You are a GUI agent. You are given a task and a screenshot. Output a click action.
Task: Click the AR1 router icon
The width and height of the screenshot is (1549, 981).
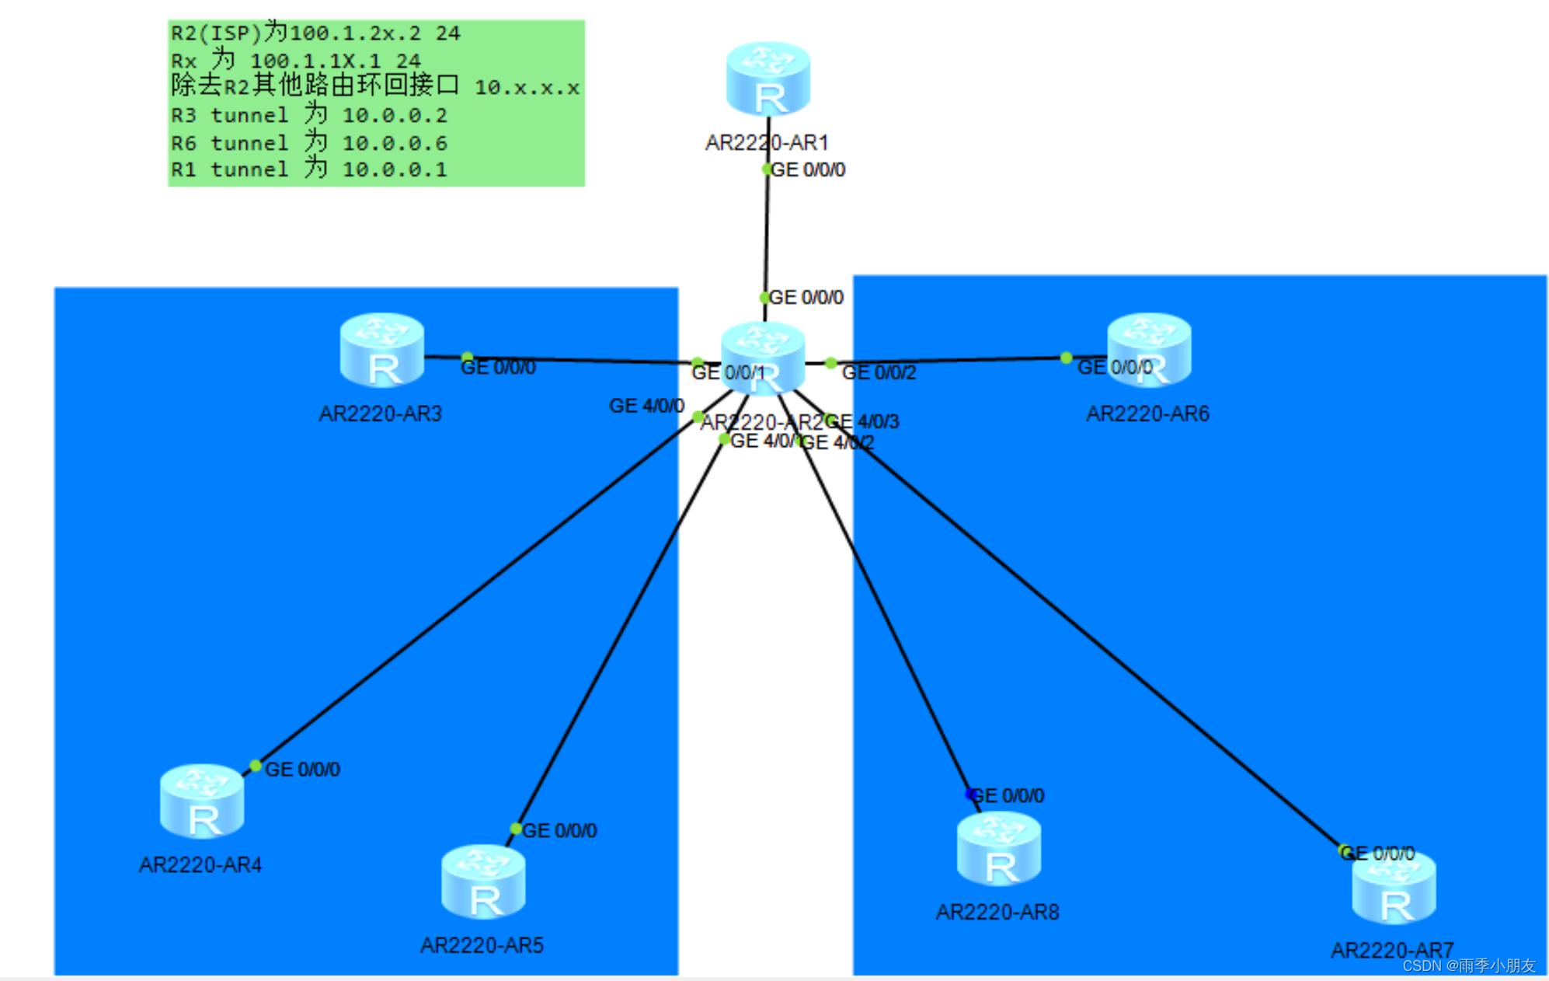tap(768, 79)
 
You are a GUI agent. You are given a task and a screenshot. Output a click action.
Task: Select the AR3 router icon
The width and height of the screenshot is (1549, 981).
tap(381, 351)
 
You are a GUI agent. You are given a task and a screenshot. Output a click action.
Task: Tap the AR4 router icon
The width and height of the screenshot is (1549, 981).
tap(201, 801)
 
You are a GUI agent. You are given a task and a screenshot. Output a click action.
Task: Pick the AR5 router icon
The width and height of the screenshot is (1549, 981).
tap(483, 882)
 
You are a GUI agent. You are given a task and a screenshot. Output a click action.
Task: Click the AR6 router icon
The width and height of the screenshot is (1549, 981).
tap(1150, 351)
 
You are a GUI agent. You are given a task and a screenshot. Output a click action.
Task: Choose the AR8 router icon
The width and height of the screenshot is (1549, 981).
tap(998, 849)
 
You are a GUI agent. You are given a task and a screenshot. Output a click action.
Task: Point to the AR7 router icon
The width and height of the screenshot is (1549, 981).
tap(1394, 888)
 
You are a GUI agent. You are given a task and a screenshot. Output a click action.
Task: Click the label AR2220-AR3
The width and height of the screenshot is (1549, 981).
tap(380, 414)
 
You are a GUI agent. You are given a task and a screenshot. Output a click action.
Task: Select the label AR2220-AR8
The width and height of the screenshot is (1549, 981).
tap(997, 912)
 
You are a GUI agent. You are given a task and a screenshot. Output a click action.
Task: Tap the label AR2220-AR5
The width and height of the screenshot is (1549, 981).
tap(482, 945)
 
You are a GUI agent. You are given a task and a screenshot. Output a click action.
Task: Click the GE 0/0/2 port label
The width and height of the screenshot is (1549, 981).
tap(879, 373)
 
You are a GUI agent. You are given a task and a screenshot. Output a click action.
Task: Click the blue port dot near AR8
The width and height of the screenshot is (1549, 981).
tap(970, 794)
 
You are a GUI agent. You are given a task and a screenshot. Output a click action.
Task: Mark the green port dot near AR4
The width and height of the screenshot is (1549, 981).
tap(255, 766)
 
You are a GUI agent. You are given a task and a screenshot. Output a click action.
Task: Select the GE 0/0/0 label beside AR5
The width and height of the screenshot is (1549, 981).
tap(559, 831)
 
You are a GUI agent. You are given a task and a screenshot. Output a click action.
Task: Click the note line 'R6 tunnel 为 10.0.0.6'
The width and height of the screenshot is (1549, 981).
tap(308, 143)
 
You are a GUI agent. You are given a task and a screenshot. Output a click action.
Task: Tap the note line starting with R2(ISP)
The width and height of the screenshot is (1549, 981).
tap(315, 33)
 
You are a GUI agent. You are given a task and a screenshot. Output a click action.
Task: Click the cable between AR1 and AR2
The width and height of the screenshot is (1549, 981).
tap(767, 233)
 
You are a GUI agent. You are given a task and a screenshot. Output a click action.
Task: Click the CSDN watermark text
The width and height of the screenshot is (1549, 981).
tap(1468, 965)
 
